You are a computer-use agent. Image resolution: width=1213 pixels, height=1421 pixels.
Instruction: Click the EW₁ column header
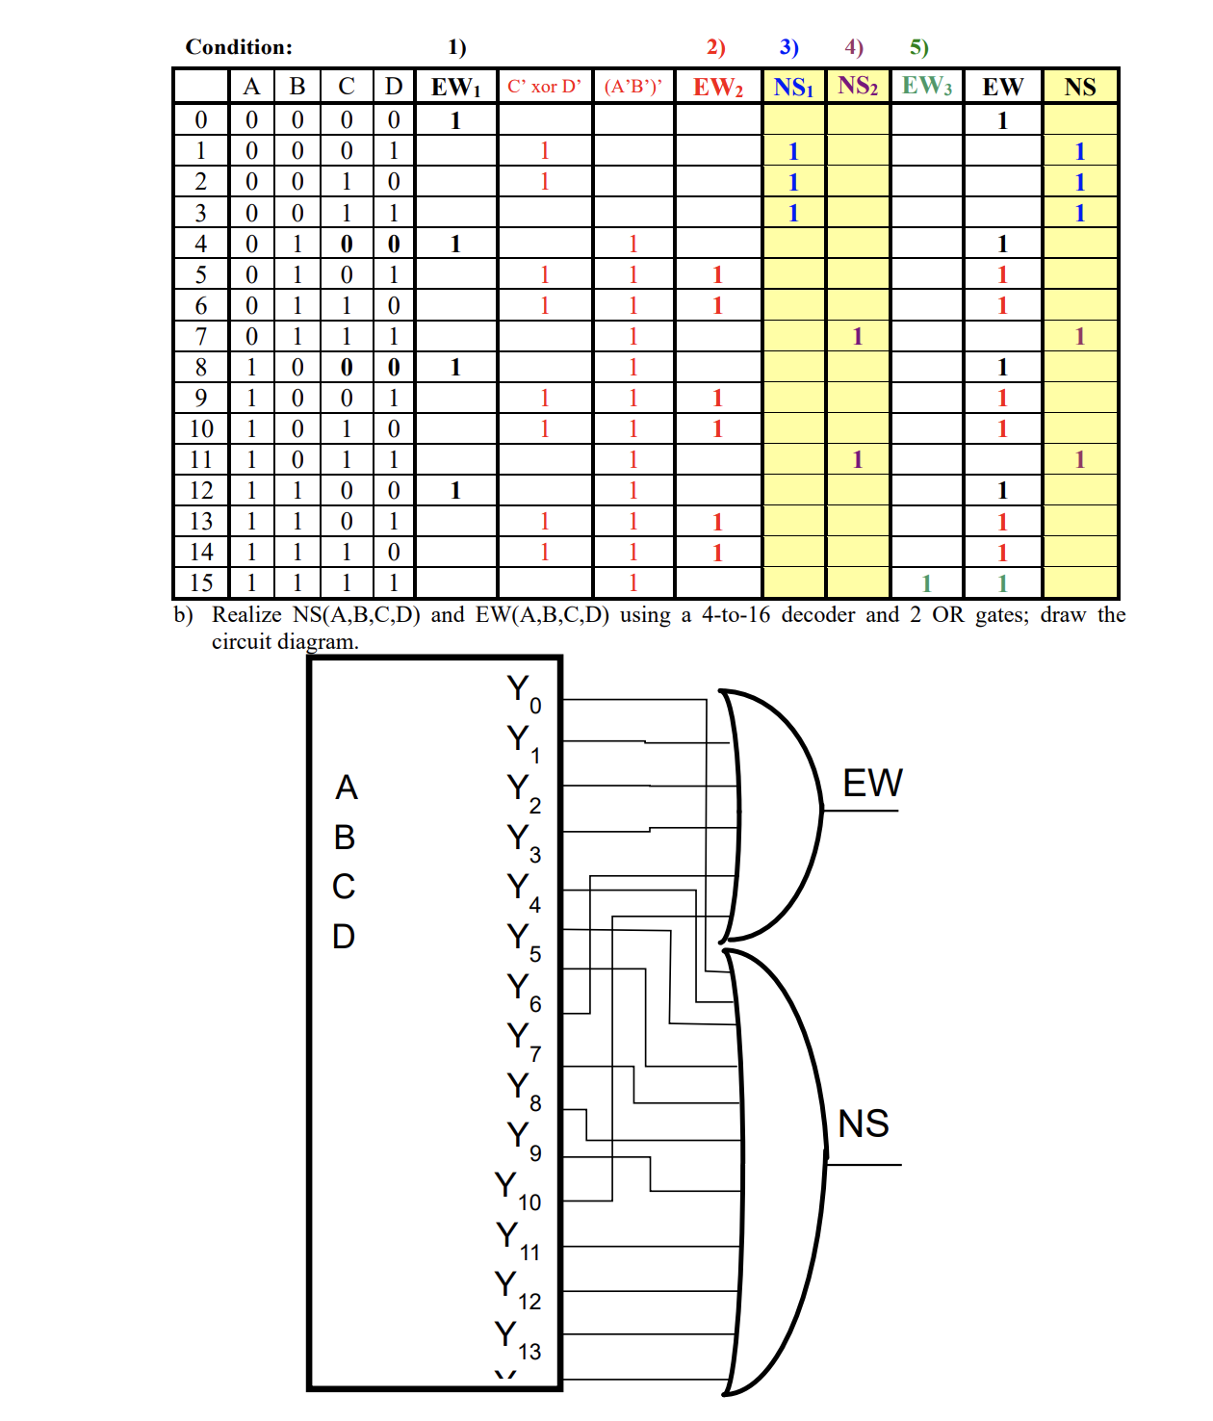[456, 87]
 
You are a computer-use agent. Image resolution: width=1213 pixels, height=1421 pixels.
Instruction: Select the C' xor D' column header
[544, 87]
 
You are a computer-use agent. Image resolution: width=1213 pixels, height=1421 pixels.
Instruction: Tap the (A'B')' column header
[633, 87]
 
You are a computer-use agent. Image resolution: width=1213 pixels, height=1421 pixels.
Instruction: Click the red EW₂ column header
[717, 88]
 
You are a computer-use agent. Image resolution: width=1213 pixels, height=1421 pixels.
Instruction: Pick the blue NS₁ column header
[793, 88]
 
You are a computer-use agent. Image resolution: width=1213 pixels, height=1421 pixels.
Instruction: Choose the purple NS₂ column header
[858, 86]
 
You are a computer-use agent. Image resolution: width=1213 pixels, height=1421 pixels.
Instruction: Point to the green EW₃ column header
[926, 86]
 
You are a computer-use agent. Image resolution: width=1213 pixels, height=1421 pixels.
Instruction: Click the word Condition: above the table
[239, 47]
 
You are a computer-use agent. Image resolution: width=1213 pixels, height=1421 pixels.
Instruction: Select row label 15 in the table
[201, 582]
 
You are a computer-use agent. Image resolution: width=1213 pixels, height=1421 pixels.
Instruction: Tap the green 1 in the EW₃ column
[926, 583]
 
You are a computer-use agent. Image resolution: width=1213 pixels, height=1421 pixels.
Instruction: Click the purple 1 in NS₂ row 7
[858, 336]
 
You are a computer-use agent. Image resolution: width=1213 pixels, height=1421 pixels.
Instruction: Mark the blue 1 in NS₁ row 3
[793, 213]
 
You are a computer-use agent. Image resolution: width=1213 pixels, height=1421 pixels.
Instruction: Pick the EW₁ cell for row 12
[456, 490]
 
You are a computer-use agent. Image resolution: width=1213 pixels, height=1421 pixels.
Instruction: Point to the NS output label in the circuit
[864, 1124]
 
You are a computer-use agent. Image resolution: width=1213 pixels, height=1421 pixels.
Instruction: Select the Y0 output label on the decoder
[523, 692]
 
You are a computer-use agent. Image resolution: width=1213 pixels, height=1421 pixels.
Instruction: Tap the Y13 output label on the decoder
[517, 1337]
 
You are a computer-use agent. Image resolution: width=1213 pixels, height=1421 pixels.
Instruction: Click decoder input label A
[346, 788]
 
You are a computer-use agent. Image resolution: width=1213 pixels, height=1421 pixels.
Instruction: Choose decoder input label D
[344, 936]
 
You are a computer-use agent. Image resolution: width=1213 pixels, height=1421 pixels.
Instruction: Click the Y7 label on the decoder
[523, 1039]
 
